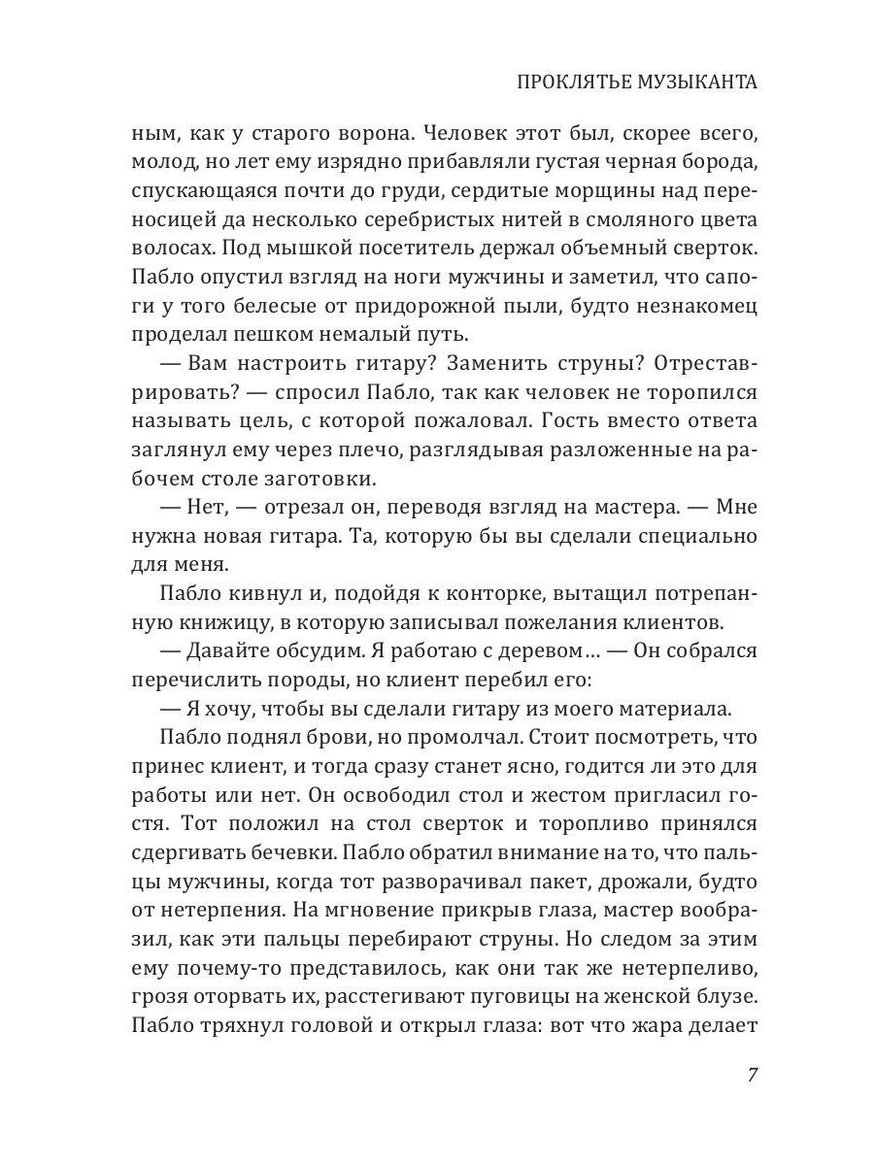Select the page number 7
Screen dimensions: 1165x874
click(x=752, y=1076)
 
